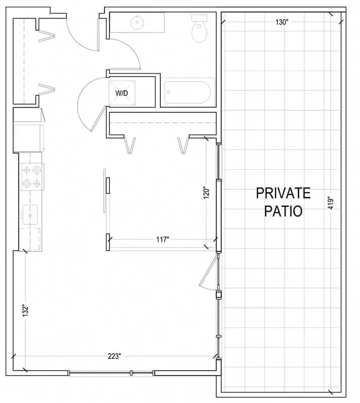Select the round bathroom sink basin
coord(137,22)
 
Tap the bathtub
coord(188,92)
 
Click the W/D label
coord(122,93)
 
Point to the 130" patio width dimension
coord(282,22)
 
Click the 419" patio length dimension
coord(331,203)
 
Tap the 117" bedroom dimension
coord(163,240)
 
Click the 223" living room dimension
coord(114,356)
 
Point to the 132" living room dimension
coord(25,310)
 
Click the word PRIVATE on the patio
coord(283,193)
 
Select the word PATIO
coord(283,211)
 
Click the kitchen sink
coord(30,215)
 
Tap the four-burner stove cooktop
coord(32,177)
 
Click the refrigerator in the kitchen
coord(28,138)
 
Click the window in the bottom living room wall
coord(111,373)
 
